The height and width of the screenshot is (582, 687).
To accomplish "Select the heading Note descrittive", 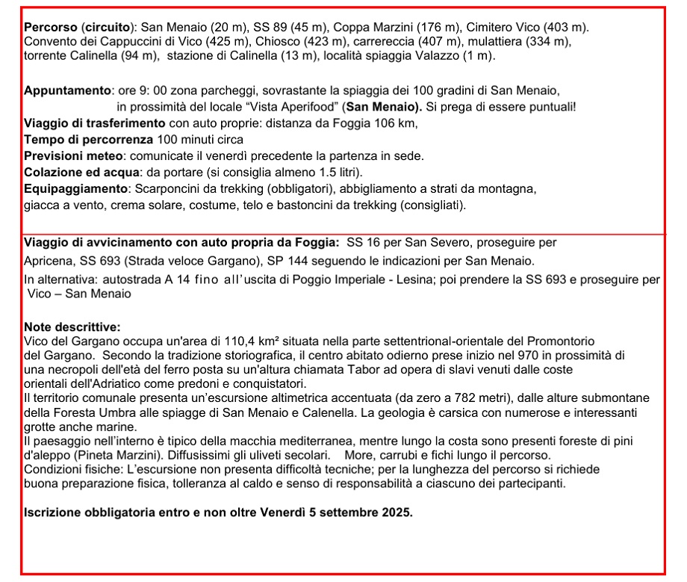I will tap(72, 326).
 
